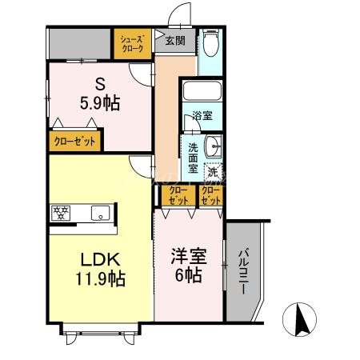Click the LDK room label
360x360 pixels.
click(99, 259)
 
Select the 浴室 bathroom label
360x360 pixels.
click(202, 116)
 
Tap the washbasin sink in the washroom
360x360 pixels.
click(212, 146)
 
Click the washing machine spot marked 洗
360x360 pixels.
click(212, 171)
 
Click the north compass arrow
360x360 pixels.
click(302, 322)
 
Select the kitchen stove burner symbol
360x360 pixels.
click(62, 213)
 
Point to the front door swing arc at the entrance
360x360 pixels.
click(182, 16)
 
